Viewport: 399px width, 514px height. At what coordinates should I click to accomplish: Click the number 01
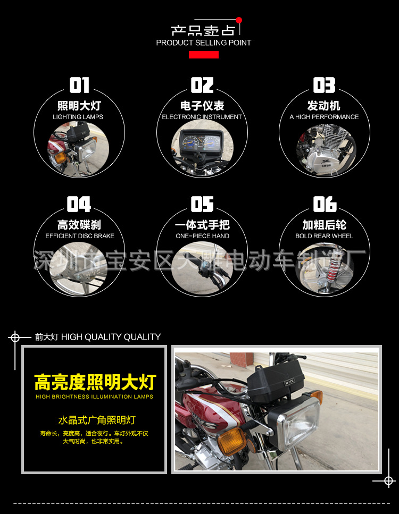(79, 86)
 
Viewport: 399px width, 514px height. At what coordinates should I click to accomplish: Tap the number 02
(202, 86)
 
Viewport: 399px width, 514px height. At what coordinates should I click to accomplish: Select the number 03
(324, 86)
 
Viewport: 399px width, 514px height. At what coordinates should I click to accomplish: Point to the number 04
(79, 204)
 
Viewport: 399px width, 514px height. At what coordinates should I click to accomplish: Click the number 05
(202, 204)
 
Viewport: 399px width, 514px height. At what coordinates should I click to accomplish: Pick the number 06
(325, 204)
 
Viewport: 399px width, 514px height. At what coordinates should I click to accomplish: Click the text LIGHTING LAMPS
(78, 117)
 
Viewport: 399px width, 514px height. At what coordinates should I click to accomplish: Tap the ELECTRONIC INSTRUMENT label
(202, 117)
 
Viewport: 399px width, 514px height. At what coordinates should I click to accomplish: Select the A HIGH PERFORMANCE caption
(324, 117)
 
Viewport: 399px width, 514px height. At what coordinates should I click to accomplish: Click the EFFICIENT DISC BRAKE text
(80, 236)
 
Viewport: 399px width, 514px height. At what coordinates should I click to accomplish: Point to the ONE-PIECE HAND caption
(202, 236)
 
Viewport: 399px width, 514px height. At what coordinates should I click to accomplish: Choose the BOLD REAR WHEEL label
(324, 236)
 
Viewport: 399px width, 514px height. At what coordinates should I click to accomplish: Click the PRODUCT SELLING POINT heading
(203, 43)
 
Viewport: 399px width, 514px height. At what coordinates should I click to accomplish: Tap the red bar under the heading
(204, 55)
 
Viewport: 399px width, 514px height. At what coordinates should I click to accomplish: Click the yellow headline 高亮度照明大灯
(95, 382)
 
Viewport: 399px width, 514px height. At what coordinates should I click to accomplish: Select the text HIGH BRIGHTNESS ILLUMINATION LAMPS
(95, 397)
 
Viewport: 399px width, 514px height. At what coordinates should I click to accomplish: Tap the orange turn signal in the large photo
(232, 441)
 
